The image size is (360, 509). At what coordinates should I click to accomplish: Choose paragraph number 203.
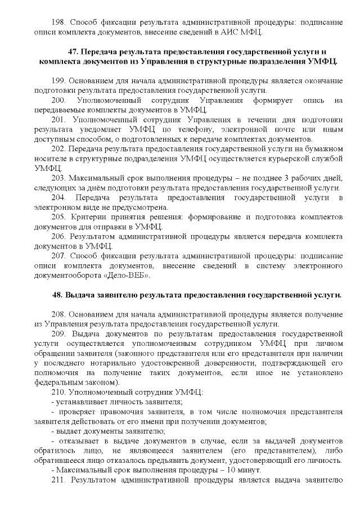(x=58, y=178)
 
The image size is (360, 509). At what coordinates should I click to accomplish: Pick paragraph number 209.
(x=58, y=334)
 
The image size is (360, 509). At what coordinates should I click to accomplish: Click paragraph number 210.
(x=58, y=392)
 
